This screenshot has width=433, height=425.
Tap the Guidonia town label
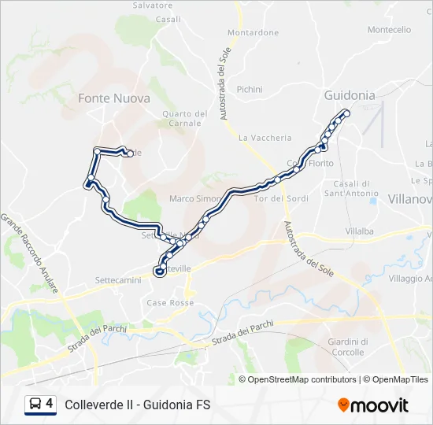350,95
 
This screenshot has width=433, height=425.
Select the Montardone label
253,32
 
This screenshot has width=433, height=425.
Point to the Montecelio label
389,30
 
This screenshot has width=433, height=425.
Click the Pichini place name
250,90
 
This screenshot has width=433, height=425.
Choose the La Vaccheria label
265,138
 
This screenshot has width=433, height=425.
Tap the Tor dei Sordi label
281,198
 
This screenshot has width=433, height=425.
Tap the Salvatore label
153,5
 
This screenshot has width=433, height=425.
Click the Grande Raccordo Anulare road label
29,253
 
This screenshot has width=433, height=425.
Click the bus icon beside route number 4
35,405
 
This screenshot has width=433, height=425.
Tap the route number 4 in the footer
50,404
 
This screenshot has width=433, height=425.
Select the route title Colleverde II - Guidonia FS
138,405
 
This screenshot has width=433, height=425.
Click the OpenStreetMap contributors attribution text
302,379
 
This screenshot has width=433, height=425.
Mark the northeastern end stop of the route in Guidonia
346,113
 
